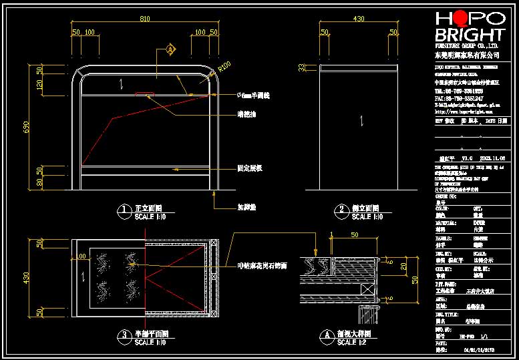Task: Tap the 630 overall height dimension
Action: point(27,128)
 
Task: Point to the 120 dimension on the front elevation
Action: point(39,85)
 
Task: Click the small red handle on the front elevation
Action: point(143,94)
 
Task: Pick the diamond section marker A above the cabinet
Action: point(170,49)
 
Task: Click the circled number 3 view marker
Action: point(123,336)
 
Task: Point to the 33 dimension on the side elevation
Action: point(301,67)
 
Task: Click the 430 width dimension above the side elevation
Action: point(359,19)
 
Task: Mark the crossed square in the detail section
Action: point(366,289)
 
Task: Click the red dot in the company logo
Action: point(461,17)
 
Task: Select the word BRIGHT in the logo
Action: point(470,35)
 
